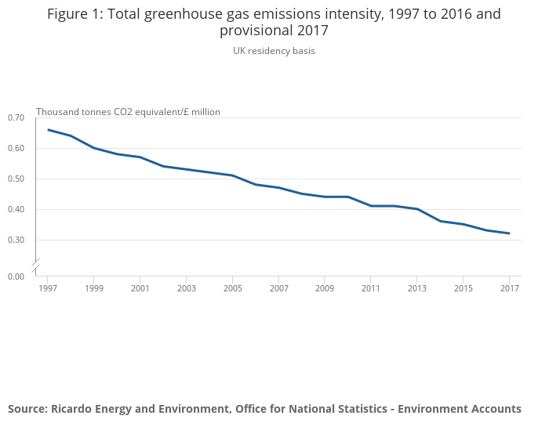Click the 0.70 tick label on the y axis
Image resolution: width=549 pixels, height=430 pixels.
pos(16,117)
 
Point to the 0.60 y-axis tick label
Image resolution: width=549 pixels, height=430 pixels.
pos(16,148)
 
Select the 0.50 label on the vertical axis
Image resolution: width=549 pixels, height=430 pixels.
pos(16,179)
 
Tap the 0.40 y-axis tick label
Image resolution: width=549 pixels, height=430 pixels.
pos(16,209)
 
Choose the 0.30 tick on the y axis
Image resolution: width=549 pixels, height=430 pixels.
pos(16,240)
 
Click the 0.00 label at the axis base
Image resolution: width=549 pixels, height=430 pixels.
pos(16,276)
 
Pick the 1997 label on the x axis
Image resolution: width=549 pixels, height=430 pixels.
pos(48,288)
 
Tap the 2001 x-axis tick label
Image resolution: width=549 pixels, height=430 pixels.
pos(140,288)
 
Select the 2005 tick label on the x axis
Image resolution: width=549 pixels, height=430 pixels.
pos(232,288)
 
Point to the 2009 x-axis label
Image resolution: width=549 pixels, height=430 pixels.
pos(325,288)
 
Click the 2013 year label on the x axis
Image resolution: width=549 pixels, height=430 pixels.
pos(416,288)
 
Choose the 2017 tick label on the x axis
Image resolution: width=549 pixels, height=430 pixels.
pos(509,288)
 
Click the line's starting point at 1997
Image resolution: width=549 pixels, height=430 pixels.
pos(48,130)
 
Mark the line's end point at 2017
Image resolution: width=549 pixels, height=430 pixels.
pos(509,233)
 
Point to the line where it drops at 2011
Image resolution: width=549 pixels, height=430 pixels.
pos(371,206)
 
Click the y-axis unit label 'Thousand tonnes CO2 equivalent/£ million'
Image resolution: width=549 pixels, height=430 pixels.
pos(128,112)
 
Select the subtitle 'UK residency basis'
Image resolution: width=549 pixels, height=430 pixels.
pos(274,51)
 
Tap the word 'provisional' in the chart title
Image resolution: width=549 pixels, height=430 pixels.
pos(258,31)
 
